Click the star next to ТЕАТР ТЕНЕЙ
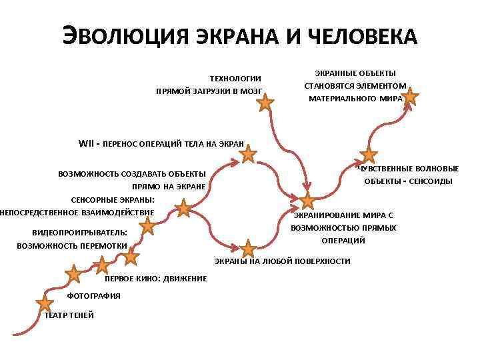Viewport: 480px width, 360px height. (x=45, y=303)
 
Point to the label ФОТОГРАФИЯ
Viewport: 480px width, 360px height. (x=94, y=295)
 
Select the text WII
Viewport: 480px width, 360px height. (x=87, y=142)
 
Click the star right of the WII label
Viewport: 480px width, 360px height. (x=248, y=155)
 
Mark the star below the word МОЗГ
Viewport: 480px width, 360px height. (x=265, y=102)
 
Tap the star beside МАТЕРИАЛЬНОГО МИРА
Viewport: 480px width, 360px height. (x=410, y=98)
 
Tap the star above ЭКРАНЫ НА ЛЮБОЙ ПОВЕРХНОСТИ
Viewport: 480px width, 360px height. (x=248, y=249)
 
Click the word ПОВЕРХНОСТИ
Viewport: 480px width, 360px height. (x=323, y=261)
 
